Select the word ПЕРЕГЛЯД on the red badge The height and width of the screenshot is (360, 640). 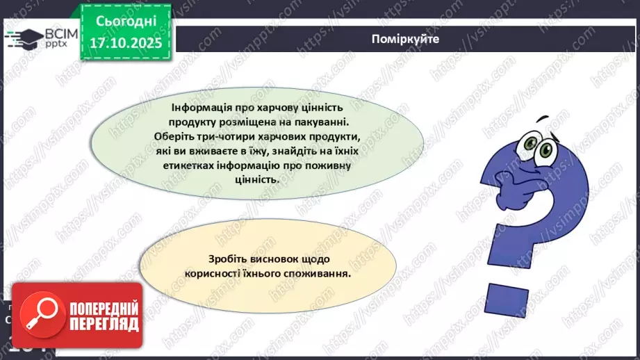tap(104, 324)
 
